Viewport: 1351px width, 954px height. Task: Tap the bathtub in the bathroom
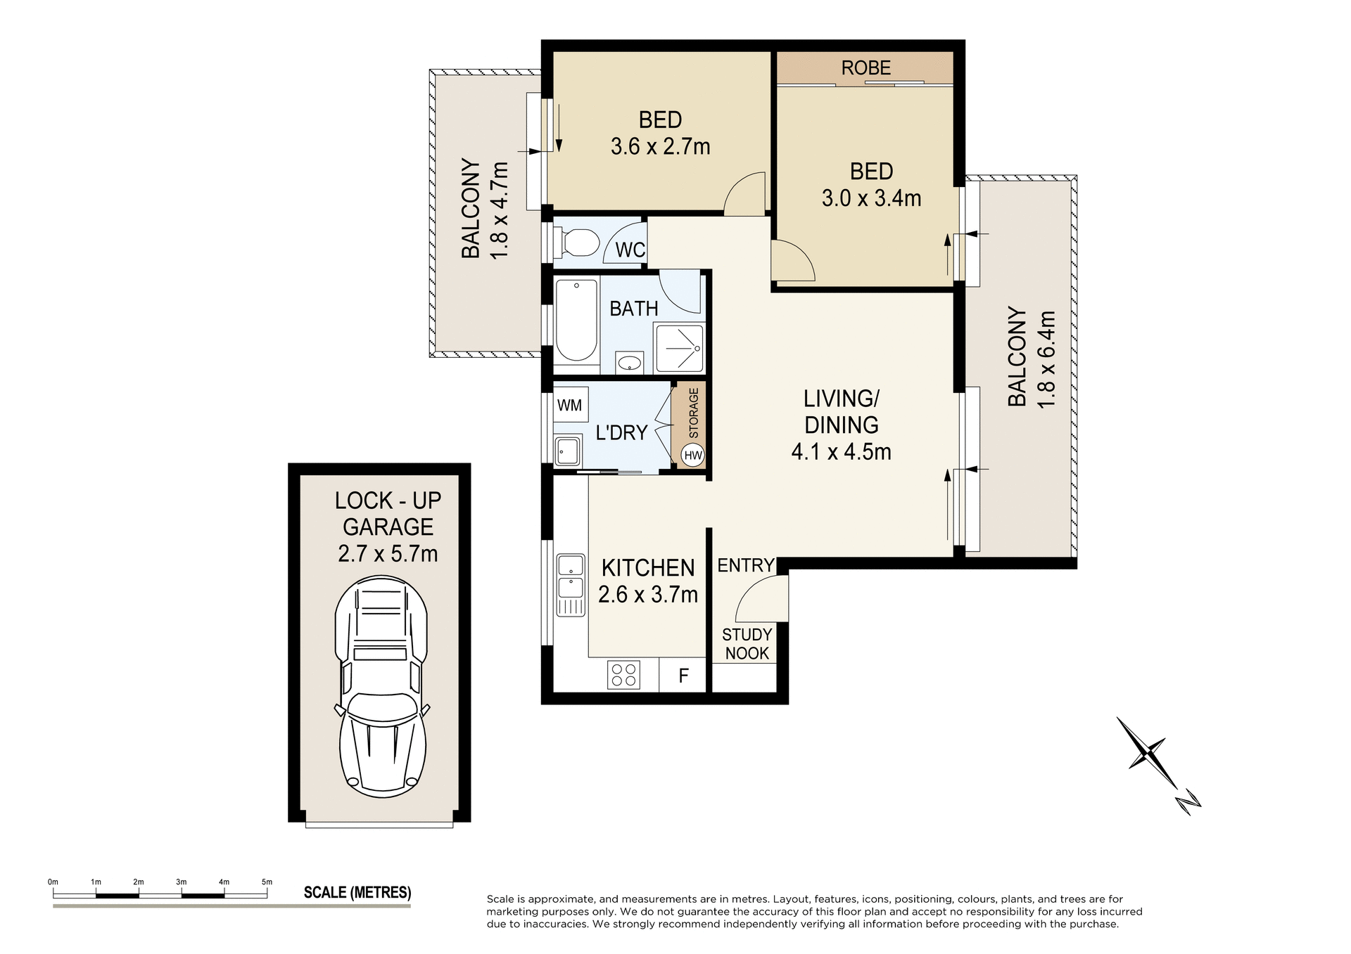tap(576, 321)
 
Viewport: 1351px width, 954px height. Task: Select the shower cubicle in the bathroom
tap(678, 348)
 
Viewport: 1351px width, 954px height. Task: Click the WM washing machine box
tap(570, 406)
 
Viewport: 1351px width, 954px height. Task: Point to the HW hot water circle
tap(693, 455)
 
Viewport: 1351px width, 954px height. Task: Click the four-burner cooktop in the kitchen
tap(623, 675)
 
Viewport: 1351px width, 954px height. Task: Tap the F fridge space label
tap(683, 676)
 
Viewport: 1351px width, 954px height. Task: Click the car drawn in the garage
tap(381, 686)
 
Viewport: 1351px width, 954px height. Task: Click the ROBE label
tap(865, 68)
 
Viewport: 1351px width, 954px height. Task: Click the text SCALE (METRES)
tap(357, 893)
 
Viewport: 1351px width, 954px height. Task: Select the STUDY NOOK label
tap(747, 644)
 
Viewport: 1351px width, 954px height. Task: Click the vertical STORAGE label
tap(694, 413)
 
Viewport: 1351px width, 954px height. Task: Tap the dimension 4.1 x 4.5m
tap(841, 451)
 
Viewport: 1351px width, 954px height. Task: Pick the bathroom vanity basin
tap(630, 363)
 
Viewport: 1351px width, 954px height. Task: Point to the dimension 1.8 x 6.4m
tap(1047, 359)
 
